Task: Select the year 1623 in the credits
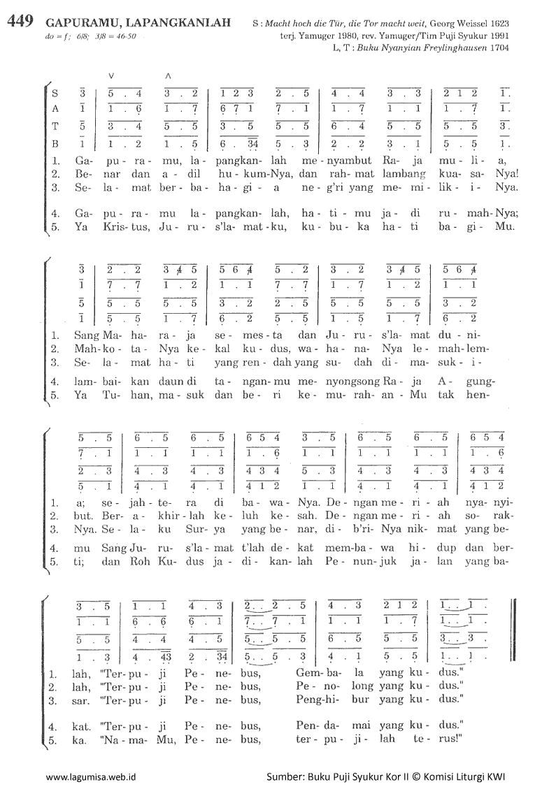click(x=496, y=22)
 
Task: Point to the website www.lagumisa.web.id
click(x=90, y=776)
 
